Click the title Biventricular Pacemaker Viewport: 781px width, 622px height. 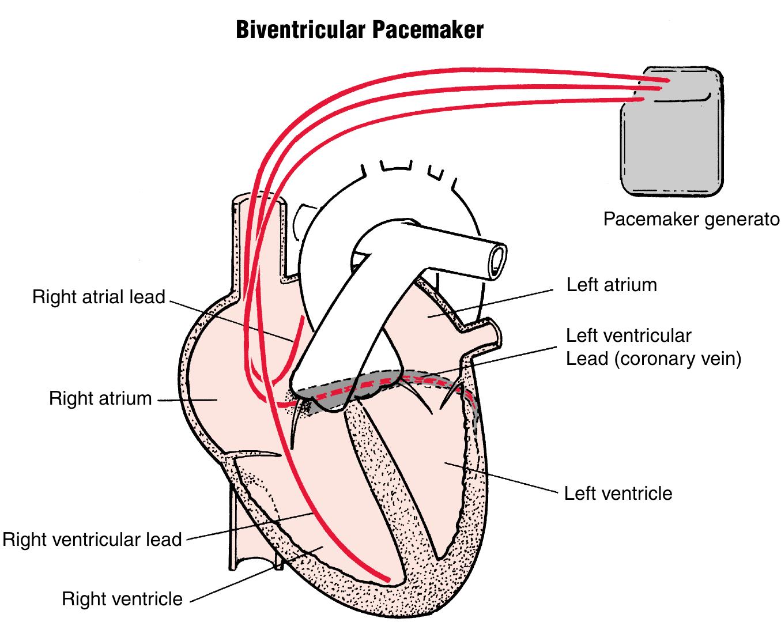point(360,29)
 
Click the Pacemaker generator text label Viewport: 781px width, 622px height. point(691,220)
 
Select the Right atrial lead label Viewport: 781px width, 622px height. point(99,297)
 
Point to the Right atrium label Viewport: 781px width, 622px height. point(100,398)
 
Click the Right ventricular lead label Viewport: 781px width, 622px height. point(92,540)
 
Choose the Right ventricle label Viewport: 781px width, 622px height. point(122,599)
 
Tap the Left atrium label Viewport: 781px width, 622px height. point(612,285)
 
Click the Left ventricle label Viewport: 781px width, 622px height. point(618,493)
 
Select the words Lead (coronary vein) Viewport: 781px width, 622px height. point(653,359)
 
